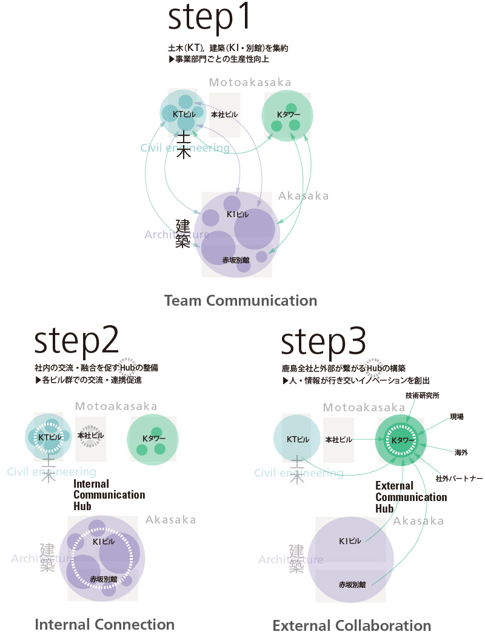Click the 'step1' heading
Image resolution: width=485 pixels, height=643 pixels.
click(209, 19)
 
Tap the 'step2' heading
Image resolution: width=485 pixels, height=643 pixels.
click(76, 343)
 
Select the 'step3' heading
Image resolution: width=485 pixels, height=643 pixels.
click(322, 343)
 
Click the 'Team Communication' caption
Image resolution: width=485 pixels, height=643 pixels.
click(241, 300)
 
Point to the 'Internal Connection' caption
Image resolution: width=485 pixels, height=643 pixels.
click(105, 624)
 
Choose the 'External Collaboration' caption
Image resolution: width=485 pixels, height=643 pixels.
click(352, 625)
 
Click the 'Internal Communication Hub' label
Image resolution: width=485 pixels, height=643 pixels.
click(109, 494)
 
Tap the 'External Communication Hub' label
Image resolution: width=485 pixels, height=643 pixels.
click(411, 497)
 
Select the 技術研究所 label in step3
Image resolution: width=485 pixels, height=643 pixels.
click(423, 396)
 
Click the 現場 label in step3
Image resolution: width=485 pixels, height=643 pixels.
click(457, 417)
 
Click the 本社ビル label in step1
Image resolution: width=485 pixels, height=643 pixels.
click(225, 114)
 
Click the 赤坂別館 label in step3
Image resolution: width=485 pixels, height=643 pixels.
click(352, 585)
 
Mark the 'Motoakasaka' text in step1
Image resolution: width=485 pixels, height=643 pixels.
click(250, 82)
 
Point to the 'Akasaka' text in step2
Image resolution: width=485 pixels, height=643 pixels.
click(170, 520)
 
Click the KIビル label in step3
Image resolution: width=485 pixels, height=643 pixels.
click(350, 541)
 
